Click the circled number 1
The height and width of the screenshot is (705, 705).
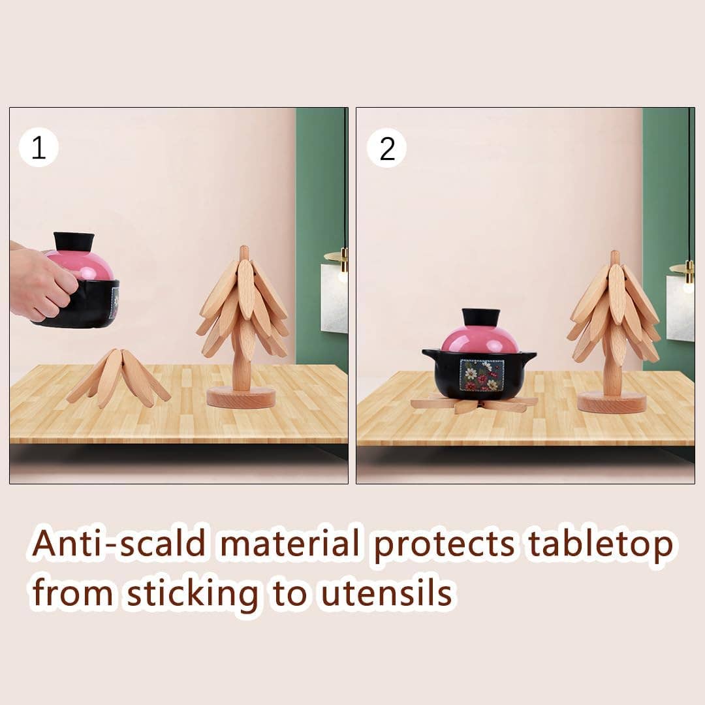pyautogui.click(x=39, y=149)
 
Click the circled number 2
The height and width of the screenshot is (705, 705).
pyautogui.click(x=387, y=149)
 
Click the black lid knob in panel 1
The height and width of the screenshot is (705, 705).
pyautogui.click(x=74, y=242)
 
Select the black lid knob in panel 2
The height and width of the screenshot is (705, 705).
pyautogui.click(x=481, y=318)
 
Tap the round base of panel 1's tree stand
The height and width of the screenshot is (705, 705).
pyautogui.click(x=241, y=397)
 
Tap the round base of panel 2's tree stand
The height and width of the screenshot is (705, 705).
pyautogui.click(x=612, y=401)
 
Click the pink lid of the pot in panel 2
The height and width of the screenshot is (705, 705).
pyautogui.click(x=480, y=341)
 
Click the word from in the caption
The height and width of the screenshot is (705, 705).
pyautogui.click(x=72, y=594)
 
